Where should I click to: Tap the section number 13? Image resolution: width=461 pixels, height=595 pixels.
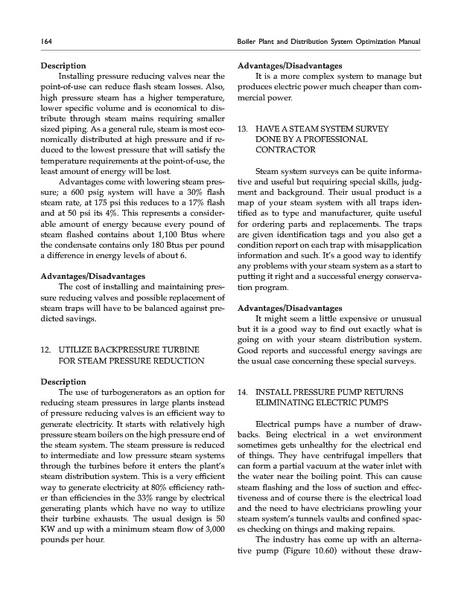(241, 129)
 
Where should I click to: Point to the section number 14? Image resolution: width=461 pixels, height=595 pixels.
(241, 390)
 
